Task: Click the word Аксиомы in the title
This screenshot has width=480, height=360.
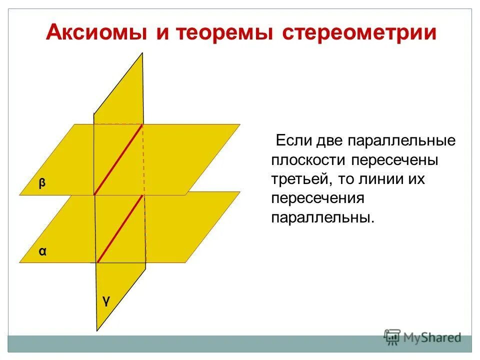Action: [94, 33]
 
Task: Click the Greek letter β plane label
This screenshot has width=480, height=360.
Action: [42, 183]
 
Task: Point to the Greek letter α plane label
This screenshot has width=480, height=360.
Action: [43, 251]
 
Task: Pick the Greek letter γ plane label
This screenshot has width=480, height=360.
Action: [106, 300]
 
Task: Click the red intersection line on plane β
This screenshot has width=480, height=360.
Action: [118, 159]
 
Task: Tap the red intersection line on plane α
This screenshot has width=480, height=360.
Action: [120, 228]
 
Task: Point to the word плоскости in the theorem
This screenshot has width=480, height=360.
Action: [310, 160]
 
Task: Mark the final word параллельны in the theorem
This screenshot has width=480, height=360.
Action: [322, 218]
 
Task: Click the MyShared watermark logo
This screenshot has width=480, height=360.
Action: [422, 337]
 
